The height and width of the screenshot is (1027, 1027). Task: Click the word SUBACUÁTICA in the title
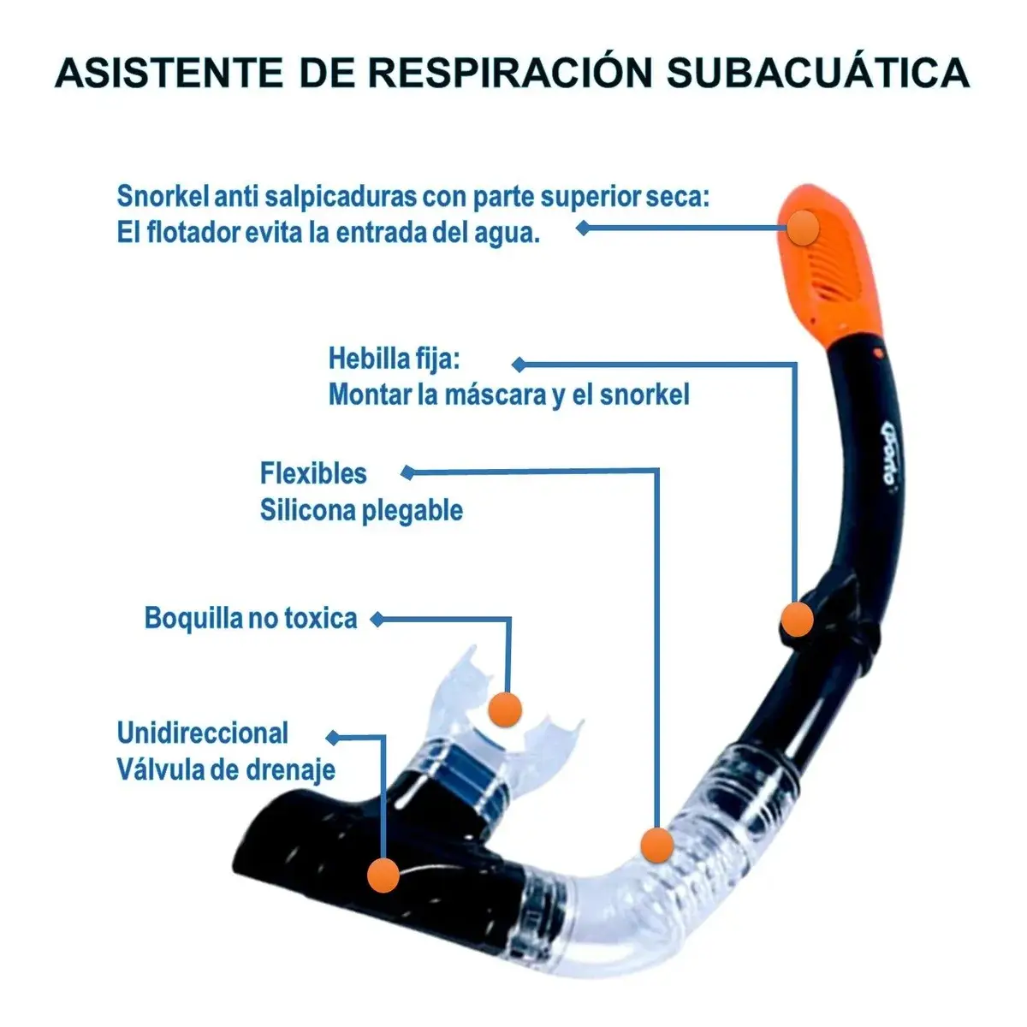click(817, 72)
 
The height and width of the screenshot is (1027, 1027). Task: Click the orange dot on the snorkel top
click(804, 227)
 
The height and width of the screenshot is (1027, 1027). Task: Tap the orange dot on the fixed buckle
click(797, 619)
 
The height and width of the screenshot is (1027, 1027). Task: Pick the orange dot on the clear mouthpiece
click(505, 708)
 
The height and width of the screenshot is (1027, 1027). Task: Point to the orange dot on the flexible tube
click(656, 845)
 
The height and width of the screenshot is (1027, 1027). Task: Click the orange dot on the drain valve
click(383, 876)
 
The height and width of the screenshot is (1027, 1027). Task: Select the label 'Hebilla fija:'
click(394, 359)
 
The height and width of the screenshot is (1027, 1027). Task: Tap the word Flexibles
click(313, 473)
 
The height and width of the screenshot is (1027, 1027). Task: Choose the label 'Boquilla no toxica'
click(251, 618)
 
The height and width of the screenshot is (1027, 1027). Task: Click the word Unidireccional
click(203, 733)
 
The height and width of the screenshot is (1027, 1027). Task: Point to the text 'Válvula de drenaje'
click(226, 769)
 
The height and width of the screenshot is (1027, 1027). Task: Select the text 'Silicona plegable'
click(361, 511)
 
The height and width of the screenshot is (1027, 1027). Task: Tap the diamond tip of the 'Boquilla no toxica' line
click(376, 619)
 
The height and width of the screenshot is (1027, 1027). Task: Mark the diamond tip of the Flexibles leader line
click(408, 472)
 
